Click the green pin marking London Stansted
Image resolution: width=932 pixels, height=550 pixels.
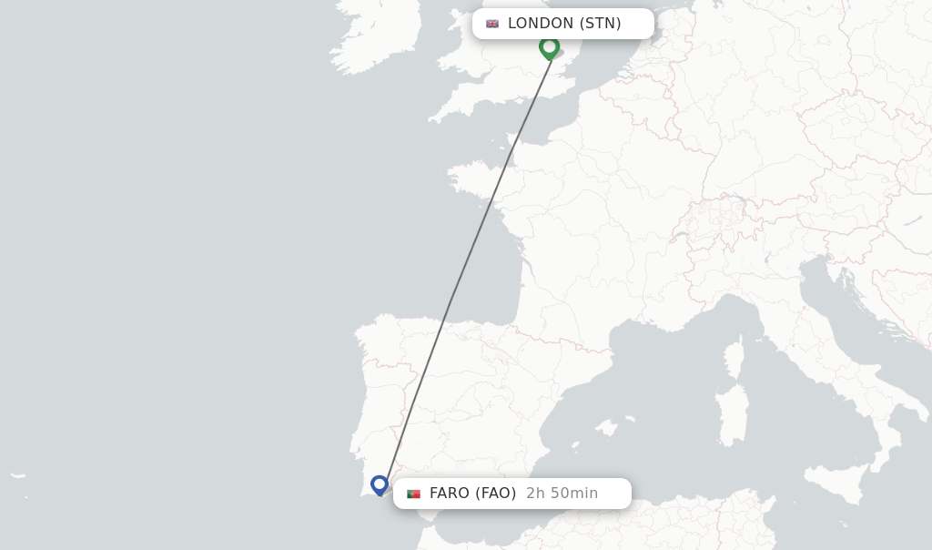point(549,46)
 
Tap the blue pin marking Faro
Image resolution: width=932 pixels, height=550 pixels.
point(380,484)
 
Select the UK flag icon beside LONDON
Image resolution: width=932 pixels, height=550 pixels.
point(492,24)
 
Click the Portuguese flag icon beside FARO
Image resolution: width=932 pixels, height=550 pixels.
point(413,494)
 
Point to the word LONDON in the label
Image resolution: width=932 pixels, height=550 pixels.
point(541,24)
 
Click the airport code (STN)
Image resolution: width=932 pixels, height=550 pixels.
point(601,24)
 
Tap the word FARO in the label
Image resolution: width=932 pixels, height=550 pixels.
point(450,494)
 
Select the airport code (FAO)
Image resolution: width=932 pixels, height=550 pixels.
point(496,494)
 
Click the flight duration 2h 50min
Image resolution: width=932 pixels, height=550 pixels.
point(562,494)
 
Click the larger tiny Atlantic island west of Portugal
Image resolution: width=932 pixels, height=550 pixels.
point(17,474)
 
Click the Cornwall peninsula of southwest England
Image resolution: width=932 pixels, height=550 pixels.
point(450,110)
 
